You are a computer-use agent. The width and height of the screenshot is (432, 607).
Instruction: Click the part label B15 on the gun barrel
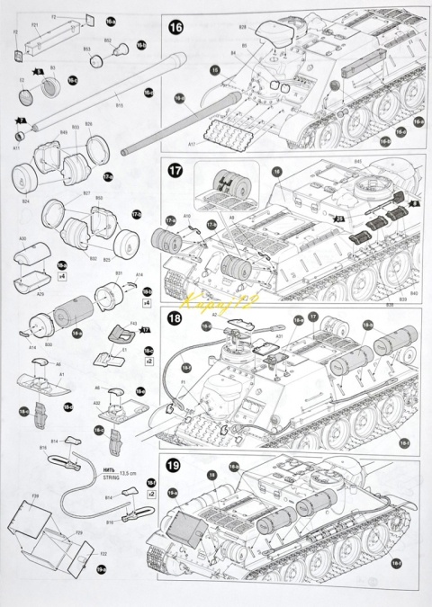[118, 106]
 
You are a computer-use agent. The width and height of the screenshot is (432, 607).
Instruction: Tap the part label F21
[34, 25]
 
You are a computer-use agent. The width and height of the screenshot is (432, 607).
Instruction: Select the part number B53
[86, 49]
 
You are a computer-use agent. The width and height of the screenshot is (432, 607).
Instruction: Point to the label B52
[108, 40]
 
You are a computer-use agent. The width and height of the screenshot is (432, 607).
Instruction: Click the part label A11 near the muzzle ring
[17, 147]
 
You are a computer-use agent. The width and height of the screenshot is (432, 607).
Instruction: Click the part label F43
[133, 324]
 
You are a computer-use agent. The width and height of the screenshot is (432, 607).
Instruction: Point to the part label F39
[34, 495]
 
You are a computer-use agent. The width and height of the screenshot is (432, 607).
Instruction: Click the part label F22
[91, 553]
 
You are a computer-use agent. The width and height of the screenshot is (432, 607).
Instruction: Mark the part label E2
[21, 80]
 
